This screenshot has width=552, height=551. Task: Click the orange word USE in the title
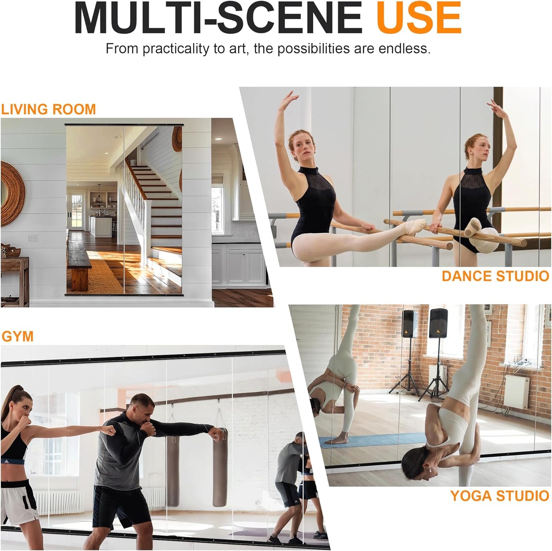click(419, 18)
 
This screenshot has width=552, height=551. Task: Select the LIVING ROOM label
click(48, 110)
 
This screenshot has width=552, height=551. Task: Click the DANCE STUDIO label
click(495, 276)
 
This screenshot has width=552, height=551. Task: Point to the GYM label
click(18, 336)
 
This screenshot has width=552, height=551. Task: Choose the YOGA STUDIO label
click(499, 496)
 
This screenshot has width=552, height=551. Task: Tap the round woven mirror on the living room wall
click(11, 193)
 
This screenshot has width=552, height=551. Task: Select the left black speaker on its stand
click(409, 324)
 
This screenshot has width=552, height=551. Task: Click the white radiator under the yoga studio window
click(516, 391)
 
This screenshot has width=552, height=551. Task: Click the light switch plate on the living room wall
click(33, 238)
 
